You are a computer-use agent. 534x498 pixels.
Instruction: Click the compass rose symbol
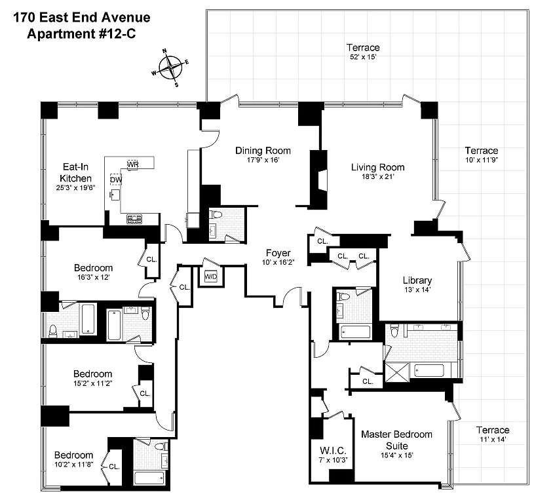[170, 67]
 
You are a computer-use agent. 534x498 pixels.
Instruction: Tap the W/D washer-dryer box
[211, 277]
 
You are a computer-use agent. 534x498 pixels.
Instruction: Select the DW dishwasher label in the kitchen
[116, 180]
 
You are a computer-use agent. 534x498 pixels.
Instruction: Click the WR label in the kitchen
[133, 164]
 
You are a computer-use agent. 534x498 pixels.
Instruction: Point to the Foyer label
[278, 253]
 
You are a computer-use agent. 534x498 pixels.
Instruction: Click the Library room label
[417, 280]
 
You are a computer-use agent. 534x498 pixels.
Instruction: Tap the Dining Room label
[263, 151]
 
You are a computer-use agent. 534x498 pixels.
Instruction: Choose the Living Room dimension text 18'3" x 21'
[378, 176]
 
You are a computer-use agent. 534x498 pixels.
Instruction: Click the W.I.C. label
[333, 451]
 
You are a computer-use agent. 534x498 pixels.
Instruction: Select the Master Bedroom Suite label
[397, 440]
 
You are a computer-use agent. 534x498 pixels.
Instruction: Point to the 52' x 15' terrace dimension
[363, 57]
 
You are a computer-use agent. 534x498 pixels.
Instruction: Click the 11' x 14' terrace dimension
[493, 440]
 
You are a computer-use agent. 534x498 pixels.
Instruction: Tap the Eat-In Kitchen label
[75, 172]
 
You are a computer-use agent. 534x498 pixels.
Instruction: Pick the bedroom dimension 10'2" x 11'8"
[74, 465]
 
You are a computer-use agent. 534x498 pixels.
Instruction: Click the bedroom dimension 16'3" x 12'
[93, 277]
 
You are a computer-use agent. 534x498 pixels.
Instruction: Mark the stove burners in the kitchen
[134, 219]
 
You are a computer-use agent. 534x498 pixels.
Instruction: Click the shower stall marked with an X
[397, 373]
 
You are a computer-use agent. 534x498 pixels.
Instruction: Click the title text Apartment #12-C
[81, 33]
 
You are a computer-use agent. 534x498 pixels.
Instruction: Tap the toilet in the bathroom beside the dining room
[217, 214]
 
